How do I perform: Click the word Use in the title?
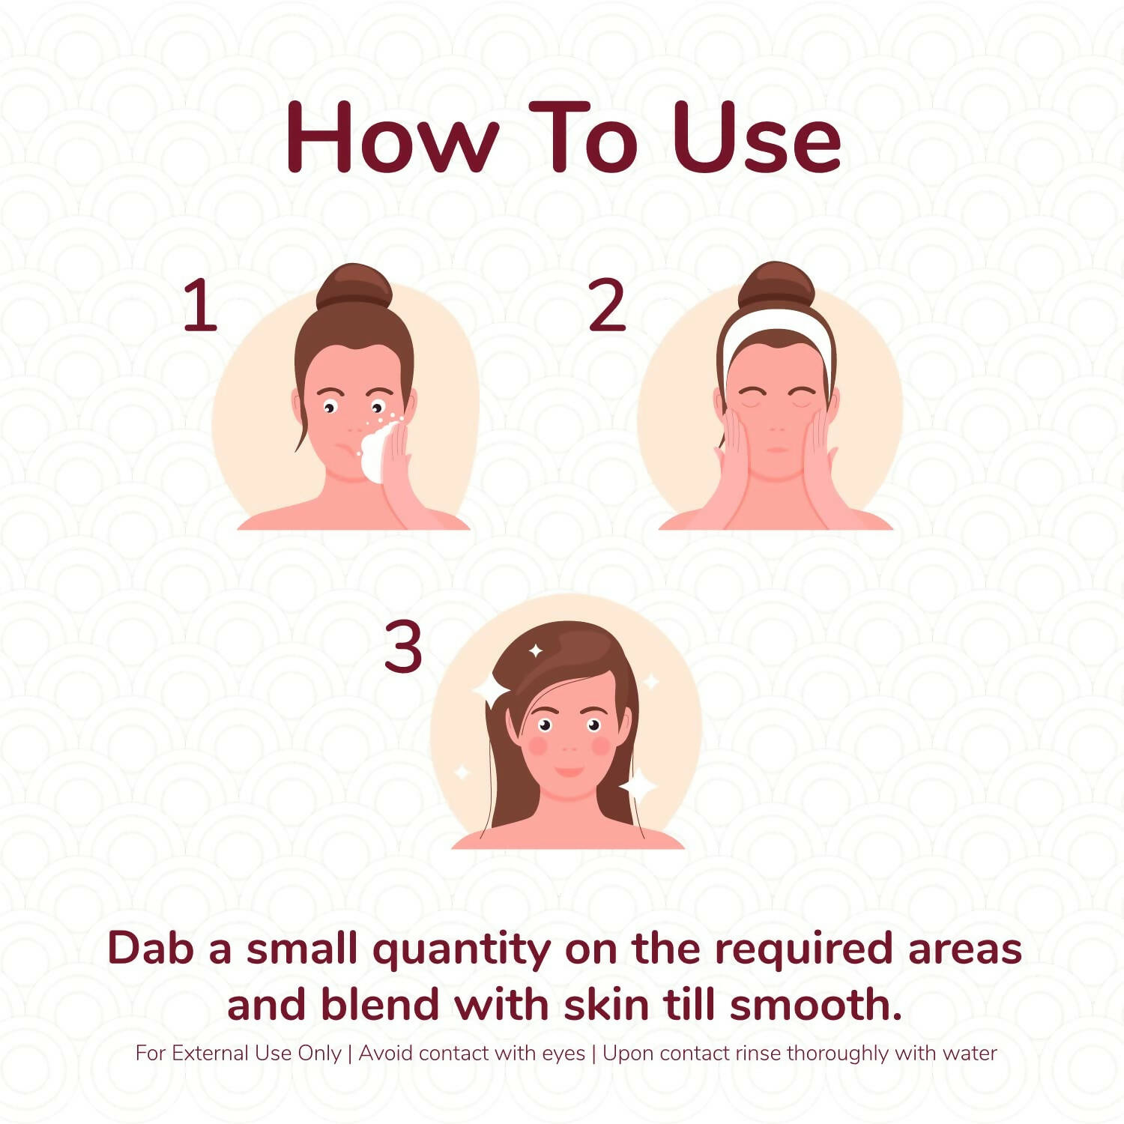coord(757,138)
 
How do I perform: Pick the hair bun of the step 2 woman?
coord(776,285)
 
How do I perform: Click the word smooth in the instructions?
coord(815,1004)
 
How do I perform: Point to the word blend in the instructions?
coord(380,1004)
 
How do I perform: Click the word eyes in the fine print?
coord(563,1054)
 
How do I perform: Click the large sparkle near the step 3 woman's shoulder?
coord(638,785)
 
